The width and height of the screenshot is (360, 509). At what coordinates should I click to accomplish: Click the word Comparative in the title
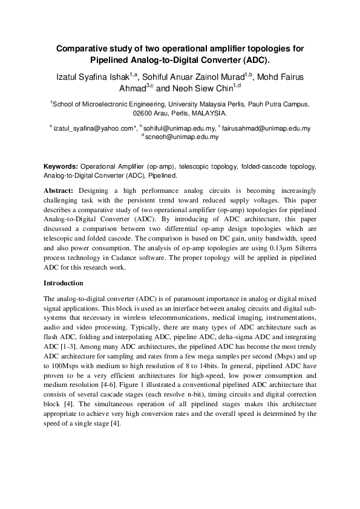coord(82,48)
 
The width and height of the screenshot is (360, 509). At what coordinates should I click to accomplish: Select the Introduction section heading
coord(65,283)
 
